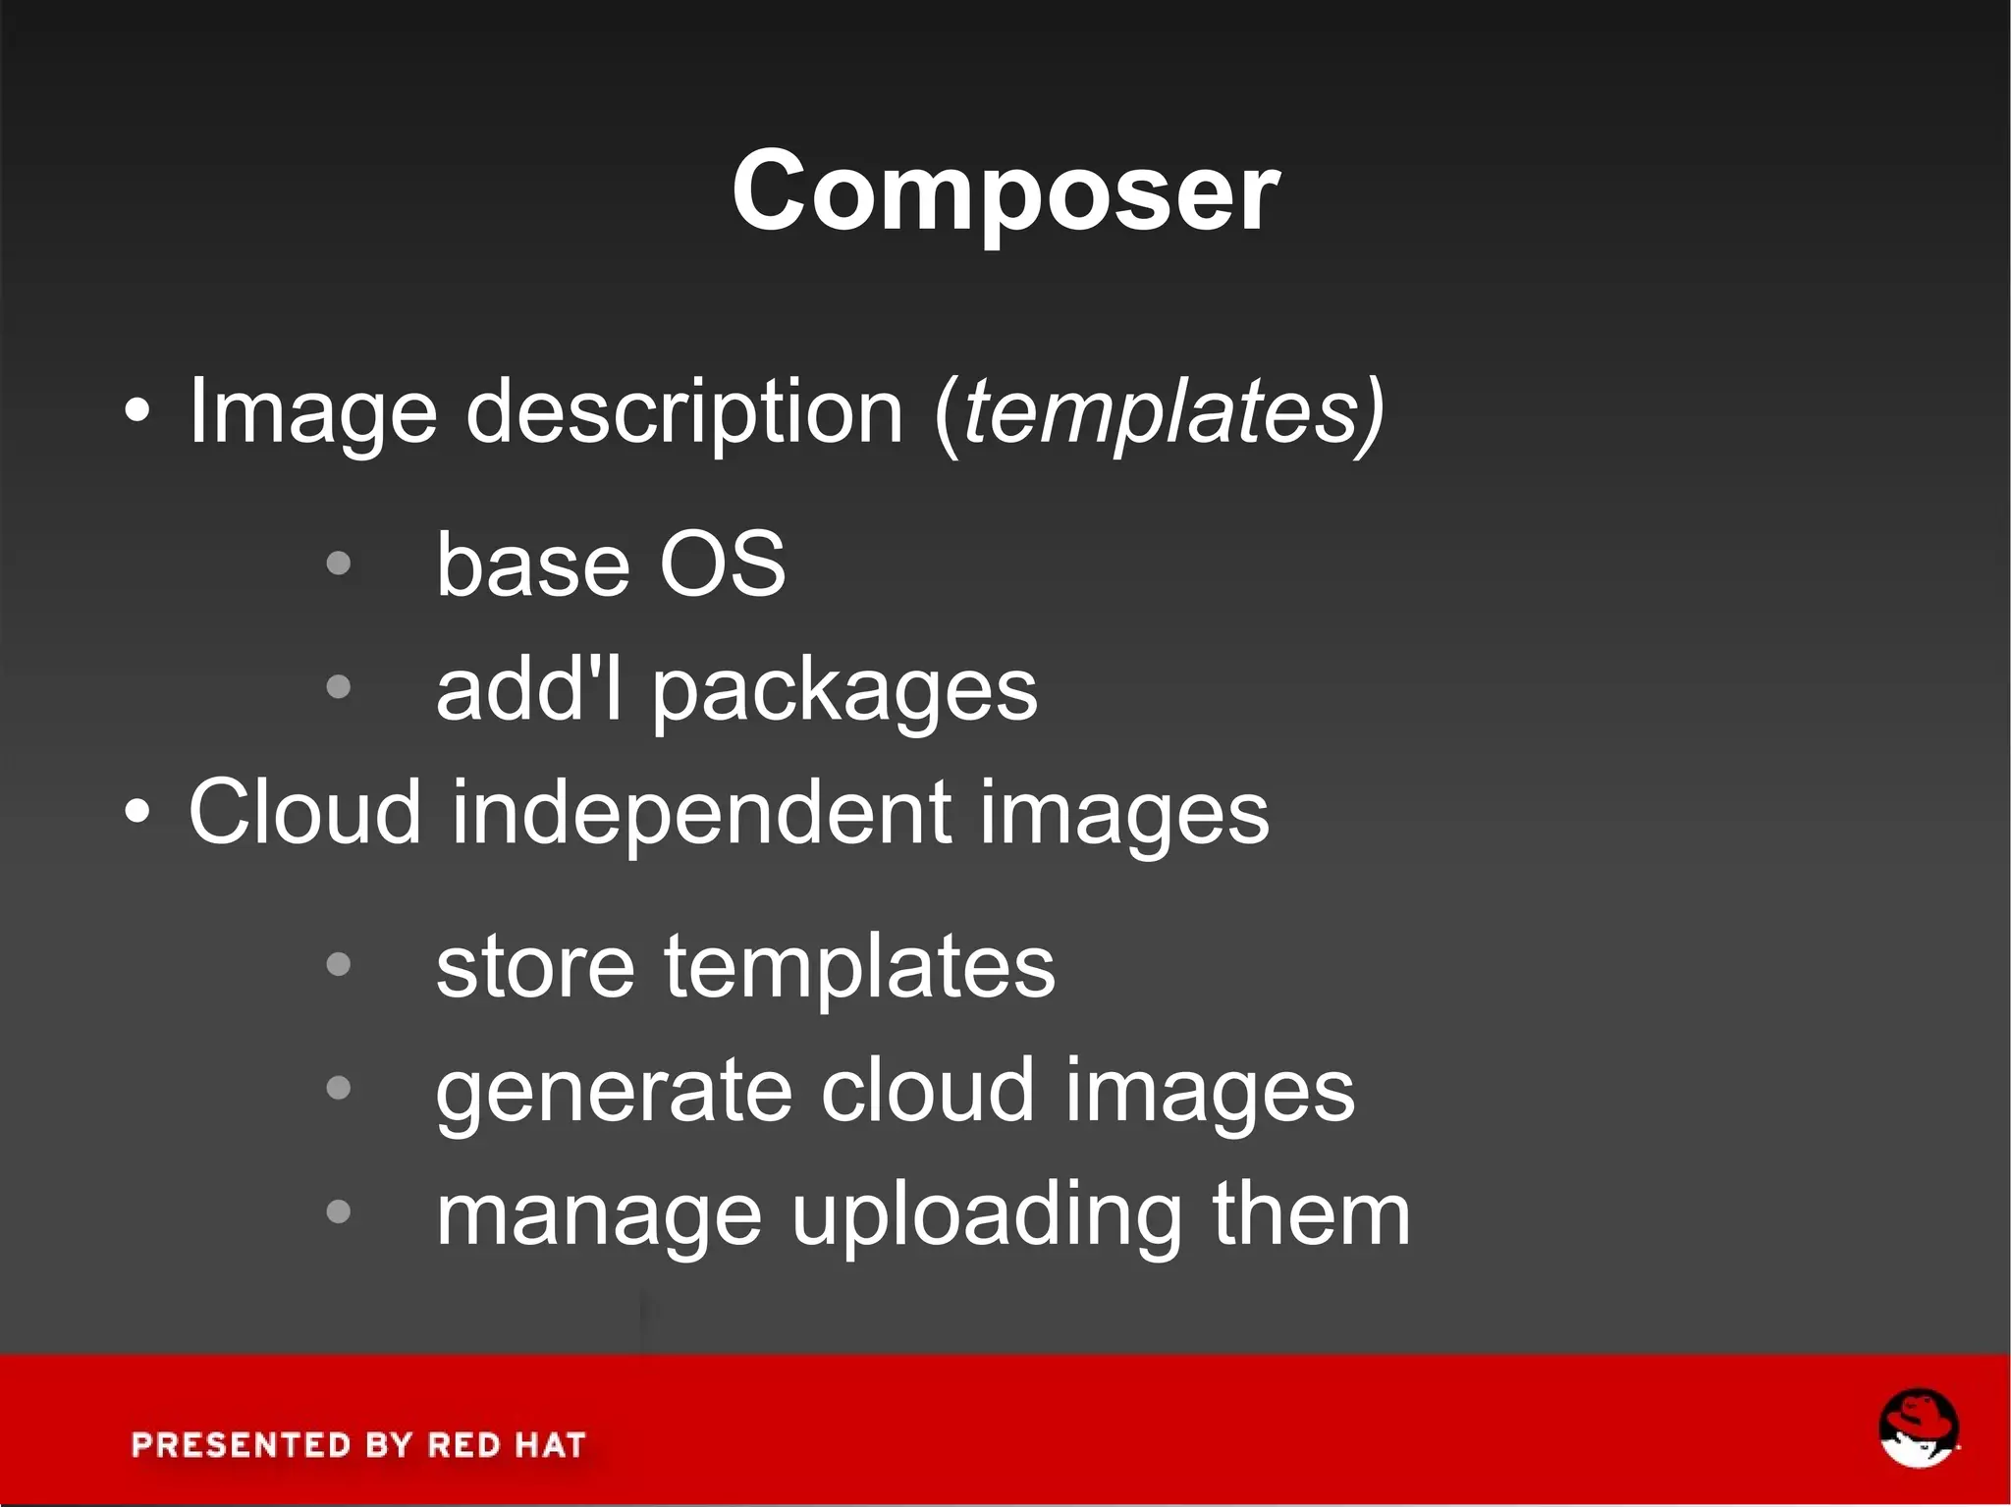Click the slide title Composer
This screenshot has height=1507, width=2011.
pyautogui.click(x=1005, y=191)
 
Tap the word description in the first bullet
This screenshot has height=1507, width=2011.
pyautogui.click(x=683, y=413)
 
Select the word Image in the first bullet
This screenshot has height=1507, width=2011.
pyautogui.click(x=312, y=413)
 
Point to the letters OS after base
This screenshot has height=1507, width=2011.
pyautogui.click(x=722, y=565)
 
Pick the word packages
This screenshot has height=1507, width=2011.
pyautogui.click(x=844, y=693)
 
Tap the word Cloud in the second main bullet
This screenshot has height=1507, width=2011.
pyautogui.click(x=304, y=812)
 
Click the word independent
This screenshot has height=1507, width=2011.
pyautogui.click(x=701, y=814)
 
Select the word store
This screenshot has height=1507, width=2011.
pyautogui.click(x=535, y=967)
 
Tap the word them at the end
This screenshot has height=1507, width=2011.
pyautogui.click(x=1311, y=1214)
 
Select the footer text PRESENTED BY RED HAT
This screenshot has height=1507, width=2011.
pyautogui.click(x=358, y=1445)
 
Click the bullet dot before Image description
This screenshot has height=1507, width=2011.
pyautogui.click(x=138, y=412)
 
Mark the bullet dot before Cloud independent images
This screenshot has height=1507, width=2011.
pyautogui.click(x=138, y=813)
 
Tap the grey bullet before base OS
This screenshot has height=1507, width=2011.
pyautogui.click(x=338, y=564)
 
